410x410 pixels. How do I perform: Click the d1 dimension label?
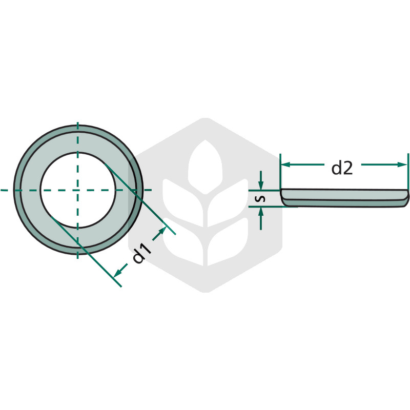[142, 253]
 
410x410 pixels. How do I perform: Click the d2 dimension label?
[342, 168]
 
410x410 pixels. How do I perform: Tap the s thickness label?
[260, 198]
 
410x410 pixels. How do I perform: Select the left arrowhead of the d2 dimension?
[286, 165]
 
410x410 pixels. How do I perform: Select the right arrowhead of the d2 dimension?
[402, 165]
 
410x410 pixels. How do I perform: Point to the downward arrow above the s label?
[261, 180]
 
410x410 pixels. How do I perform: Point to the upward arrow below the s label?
[261, 219]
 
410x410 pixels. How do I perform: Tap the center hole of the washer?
[78, 190]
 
